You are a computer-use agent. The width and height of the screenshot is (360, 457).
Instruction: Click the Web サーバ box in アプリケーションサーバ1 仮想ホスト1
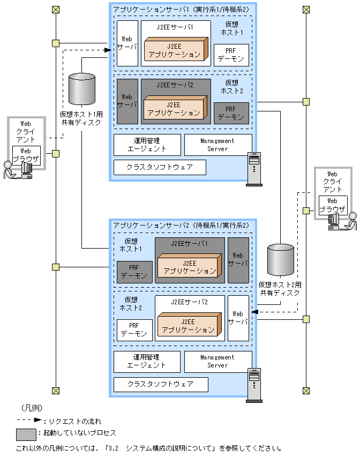(x=127, y=43)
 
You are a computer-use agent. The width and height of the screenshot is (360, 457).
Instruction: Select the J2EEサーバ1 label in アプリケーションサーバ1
(x=176, y=26)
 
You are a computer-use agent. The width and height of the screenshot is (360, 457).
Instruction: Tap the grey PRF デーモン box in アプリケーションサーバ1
(x=231, y=113)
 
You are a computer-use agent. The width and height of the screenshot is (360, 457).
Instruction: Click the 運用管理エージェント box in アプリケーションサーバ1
(x=146, y=145)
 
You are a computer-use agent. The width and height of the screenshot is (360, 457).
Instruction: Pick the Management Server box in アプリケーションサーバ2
(x=218, y=362)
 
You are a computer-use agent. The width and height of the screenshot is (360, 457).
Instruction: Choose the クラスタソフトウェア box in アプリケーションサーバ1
(x=160, y=167)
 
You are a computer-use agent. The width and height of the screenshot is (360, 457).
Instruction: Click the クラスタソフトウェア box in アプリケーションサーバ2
(x=160, y=384)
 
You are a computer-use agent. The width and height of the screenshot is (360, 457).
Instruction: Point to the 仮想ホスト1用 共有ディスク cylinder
(x=82, y=89)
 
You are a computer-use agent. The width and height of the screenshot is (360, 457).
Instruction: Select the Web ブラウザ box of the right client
(x=333, y=205)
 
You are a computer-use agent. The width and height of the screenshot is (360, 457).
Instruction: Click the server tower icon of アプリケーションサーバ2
(x=253, y=385)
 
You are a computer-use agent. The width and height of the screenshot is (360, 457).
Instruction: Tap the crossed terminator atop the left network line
(x=55, y=10)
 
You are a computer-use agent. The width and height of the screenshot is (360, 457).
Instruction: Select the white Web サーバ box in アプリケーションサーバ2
(x=238, y=318)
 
